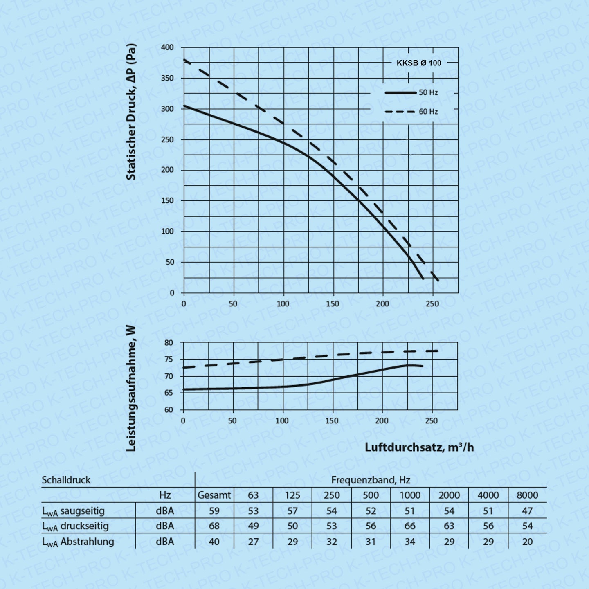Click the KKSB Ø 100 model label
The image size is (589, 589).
coord(419,63)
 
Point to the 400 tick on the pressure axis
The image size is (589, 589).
coord(167,47)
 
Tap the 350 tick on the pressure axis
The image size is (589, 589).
coord(167,78)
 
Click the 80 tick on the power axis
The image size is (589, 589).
coord(169,343)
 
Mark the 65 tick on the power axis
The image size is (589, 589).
coord(169,393)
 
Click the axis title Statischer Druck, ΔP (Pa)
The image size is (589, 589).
coord(131,112)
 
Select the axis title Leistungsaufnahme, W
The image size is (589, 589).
coord(131,388)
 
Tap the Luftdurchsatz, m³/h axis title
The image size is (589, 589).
coord(419,447)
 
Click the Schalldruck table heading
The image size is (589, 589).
coord(66,480)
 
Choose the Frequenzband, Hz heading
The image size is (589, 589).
coord(371,480)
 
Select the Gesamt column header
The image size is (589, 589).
coord(214,495)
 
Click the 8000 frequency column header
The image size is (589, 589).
coord(527,495)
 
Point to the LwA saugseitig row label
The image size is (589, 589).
coord(73,511)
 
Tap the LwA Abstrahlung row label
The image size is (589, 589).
coord(78,542)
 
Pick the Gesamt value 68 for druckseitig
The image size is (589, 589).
coord(214,526)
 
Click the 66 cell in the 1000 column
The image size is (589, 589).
coord(410,526)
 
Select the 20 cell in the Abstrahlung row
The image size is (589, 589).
coord(527,542)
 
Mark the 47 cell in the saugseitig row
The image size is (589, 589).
coord(527,511)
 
